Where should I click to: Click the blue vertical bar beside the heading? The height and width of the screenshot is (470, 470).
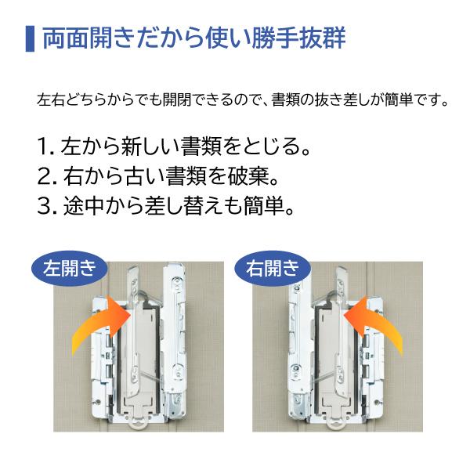tap(29, 38)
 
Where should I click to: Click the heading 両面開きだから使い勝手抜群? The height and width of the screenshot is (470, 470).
tap(193, 38)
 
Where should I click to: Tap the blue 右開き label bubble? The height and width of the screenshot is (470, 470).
tap(272, 269)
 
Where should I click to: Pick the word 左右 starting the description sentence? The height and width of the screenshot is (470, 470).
tap(48, 100)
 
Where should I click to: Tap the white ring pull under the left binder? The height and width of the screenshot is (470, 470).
tap(139, 424)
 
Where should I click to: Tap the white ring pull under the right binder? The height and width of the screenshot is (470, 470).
tap(338, 424)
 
